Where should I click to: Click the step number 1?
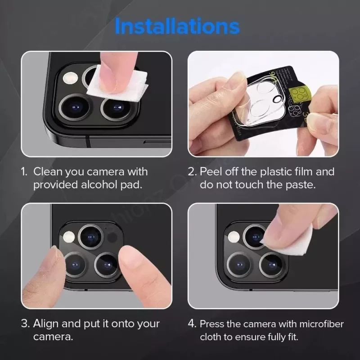click(x=24, y=172)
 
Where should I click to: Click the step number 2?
click(x=192, y=172)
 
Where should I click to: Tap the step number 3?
click(x=25, y=324)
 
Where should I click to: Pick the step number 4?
click(x=192, y=324)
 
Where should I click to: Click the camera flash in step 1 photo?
click(x=71, y=78)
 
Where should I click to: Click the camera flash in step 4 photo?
click(x=233, y=237)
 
